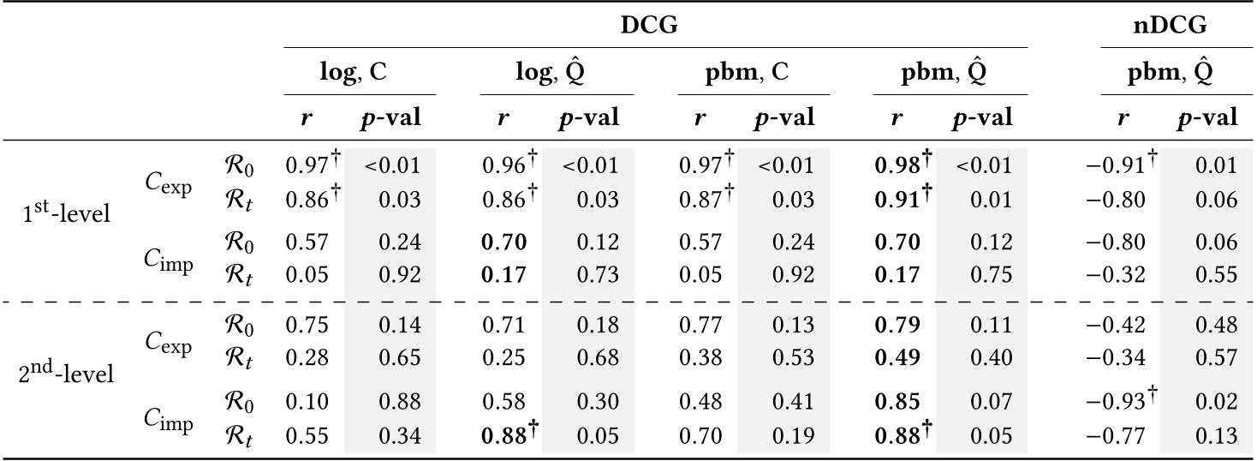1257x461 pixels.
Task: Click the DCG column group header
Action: [x=649, y=26]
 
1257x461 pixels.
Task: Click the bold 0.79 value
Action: [x=897, y=326]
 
